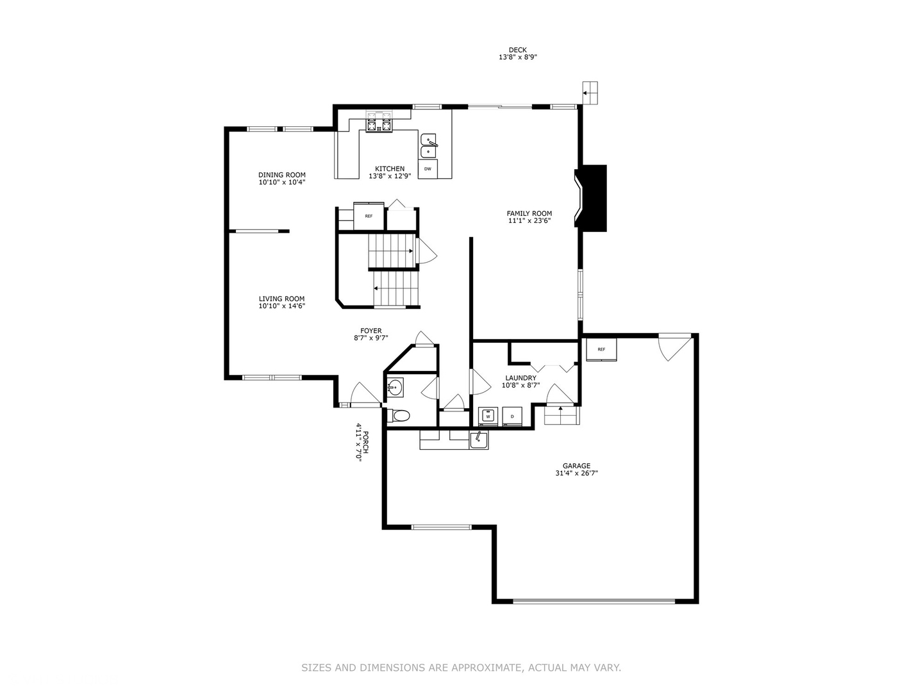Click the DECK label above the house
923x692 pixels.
point(517,50)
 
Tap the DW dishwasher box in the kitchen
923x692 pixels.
point(428,169)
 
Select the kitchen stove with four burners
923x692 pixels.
point(378,122)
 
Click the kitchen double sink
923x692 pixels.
point(428,146)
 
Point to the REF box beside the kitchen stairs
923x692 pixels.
point(369,217)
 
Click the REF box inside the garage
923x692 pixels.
point(601,350)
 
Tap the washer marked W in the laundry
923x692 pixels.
point(488,416)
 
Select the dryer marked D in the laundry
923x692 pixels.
point(512,416)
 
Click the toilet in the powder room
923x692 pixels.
point(400,416)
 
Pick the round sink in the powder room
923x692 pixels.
point(395,387)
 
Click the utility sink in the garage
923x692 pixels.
point(478,440)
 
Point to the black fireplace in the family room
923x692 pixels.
point(592,197)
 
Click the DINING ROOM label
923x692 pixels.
point(282,175)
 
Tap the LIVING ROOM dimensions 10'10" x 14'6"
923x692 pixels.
point(282,306)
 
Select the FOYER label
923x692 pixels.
point(371,331)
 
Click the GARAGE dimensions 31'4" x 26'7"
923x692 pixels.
point(577,474)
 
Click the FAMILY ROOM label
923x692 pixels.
point(529,213)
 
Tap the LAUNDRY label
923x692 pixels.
point(520,378)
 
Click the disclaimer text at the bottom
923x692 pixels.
point(462,668)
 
